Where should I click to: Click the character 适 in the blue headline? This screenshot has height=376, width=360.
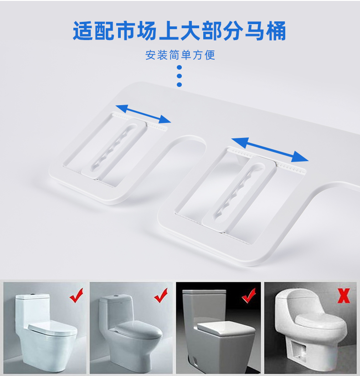[83, 30]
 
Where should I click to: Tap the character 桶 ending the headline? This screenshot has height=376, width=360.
[276, 30]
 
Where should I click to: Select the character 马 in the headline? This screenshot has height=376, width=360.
[255, 30]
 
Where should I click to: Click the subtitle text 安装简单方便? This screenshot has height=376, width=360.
[180, 55]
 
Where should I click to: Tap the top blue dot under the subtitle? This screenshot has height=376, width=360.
[179, 67]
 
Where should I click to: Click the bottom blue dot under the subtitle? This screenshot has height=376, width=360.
[179, 84]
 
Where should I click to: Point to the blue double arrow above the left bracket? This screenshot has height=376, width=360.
[143, 114]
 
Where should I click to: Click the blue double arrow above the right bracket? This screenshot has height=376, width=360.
[270, 150]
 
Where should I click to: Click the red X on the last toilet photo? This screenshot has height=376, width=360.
[344, 296]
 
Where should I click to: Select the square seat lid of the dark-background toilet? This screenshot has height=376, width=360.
[226, 328]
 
